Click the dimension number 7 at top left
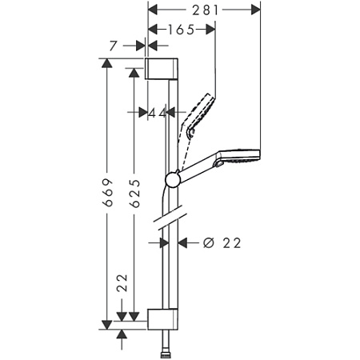114,47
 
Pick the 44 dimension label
157,113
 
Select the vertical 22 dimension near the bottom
122,282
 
